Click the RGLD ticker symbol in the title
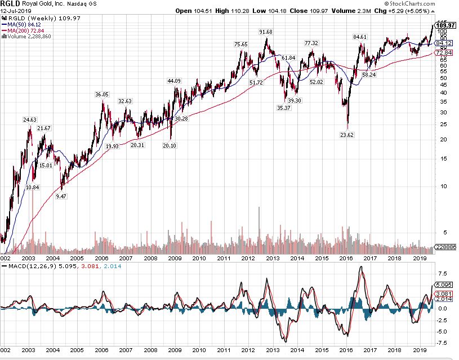(x=12, y=4)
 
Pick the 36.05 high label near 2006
(x=102, y=94)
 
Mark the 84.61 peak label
(x=360, y=37)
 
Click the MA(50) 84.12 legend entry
(x=24, y=24)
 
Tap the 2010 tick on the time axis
(x=199, y=258)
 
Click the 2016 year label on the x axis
(x=346, y=258)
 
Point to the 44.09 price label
(x=174, y=81)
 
